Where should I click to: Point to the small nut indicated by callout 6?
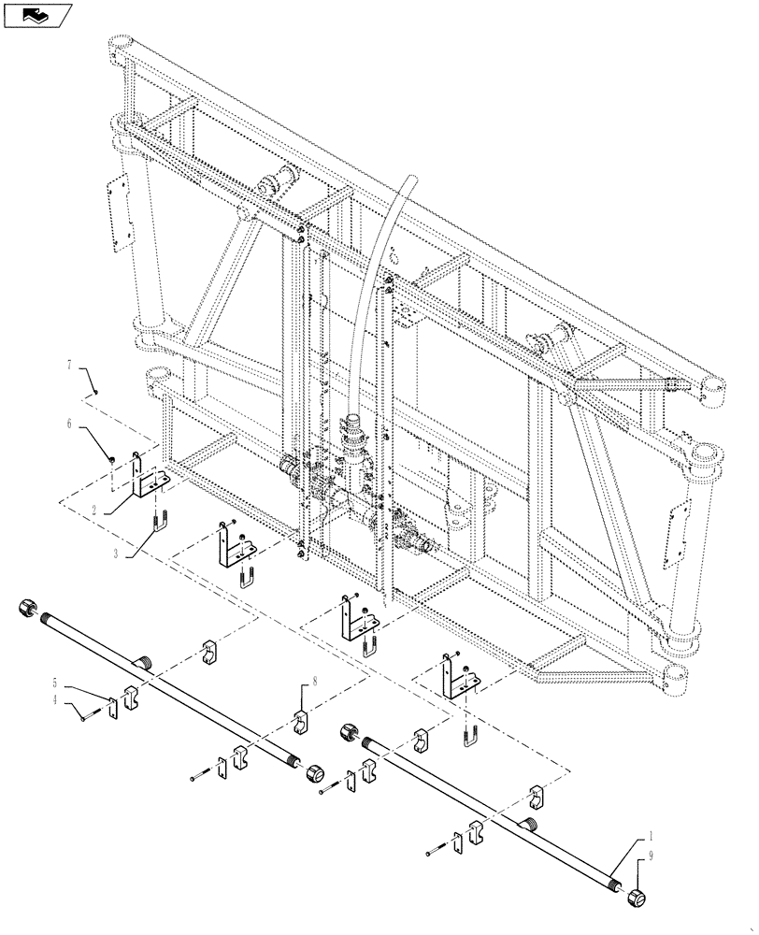click(x=111, y=459)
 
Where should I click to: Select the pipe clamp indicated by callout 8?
click(x=303, y=723)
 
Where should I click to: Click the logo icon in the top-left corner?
click(x=38, y=14)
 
